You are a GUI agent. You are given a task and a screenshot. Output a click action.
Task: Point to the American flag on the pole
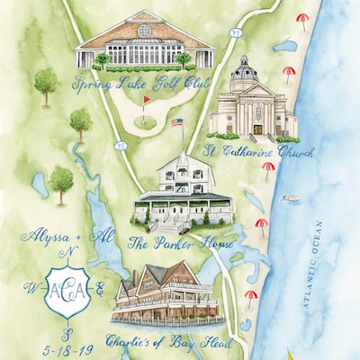[176, 122]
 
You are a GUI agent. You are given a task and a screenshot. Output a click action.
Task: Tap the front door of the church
[257, 129]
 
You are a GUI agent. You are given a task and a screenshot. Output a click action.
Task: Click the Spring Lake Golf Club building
[144, 42]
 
